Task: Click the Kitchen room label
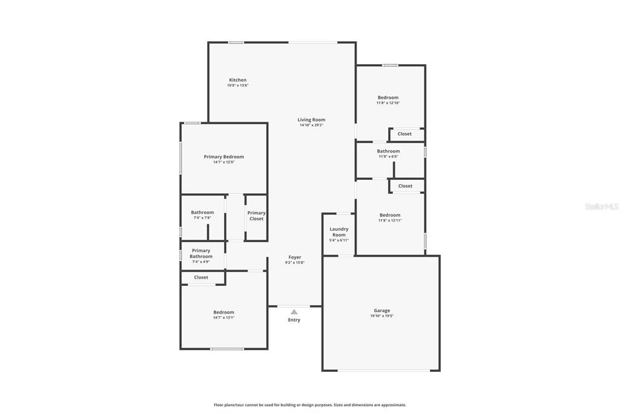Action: [x=237, y=80]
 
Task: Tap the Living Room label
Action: [x=311, y=120]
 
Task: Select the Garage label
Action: [x=381, y=311]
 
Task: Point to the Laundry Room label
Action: [x=339, y=232]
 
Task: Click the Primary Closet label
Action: [x=256, y=216]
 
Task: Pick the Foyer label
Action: [x=295, y=257]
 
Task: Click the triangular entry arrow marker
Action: [x=294, y=312]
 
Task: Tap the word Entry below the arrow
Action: [x=294, y=320]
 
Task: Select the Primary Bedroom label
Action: [x=223, y=157]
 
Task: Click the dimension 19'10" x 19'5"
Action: [x=382, y=316]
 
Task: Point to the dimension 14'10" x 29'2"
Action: [x=311, y=125]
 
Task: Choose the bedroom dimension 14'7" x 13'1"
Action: [x=223, y=317]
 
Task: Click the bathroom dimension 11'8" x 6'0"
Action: [x=388, y=156]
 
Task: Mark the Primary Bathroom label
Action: [x=201, y=253]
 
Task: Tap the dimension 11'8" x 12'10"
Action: [x=388, y=103]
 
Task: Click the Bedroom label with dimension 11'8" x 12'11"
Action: [x=390, y=215]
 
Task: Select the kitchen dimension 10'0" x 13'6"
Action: [x=237, y=85]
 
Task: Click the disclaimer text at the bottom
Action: [x=310, y=405]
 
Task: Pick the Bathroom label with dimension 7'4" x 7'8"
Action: [x=202, y=213]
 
